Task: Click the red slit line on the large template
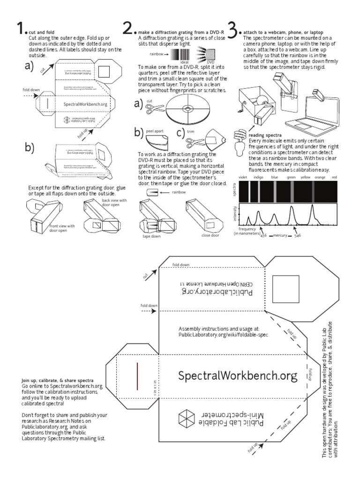pyautogui.click(x=137, y=376)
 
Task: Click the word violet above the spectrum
pyautogui.click(x=243, y=178)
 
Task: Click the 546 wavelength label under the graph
pyautogui.click(x=298, y=235)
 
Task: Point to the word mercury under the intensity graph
pyautogui.click(x=280, y=235)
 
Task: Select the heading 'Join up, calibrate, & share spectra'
pyautogui.click(x=57, y=380)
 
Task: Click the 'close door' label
pyautogui.click(x=210, y=235)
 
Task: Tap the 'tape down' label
pyautogui.click(x=151, y=237)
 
